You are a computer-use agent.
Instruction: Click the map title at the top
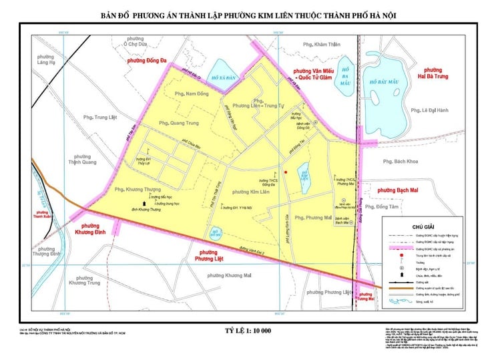click(x=246, y=15)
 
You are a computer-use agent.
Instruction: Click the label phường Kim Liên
click(x=250, y=192)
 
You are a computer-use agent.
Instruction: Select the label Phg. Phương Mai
click(x=313, y=217)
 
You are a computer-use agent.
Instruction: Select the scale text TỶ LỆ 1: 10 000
click(x=246, y=331)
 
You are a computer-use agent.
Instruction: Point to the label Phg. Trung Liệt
click(x=101, y=118)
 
